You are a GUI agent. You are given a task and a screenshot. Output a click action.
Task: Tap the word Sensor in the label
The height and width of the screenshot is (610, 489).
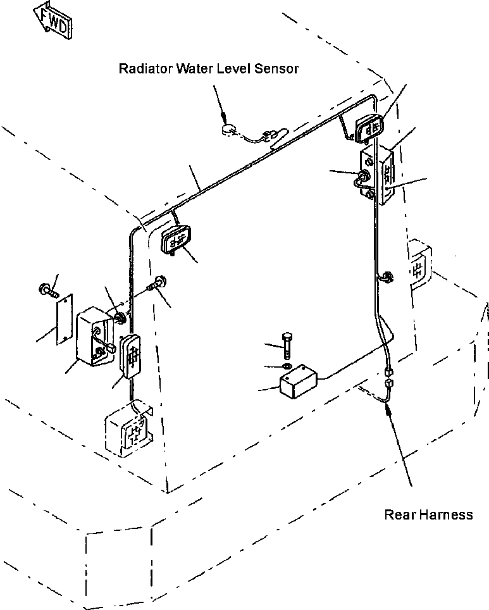276,68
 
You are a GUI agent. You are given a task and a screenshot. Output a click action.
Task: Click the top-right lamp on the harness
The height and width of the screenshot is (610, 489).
369,128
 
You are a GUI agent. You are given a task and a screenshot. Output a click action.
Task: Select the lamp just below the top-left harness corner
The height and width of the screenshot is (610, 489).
176,239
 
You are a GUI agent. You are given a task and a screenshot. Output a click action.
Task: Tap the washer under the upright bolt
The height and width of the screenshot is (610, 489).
287,367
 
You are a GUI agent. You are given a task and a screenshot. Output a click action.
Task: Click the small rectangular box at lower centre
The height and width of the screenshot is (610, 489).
299,381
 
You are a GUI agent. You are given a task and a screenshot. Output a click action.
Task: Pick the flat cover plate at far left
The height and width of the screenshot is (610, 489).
65,320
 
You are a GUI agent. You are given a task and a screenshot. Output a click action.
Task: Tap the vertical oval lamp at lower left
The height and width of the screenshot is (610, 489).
131,356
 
